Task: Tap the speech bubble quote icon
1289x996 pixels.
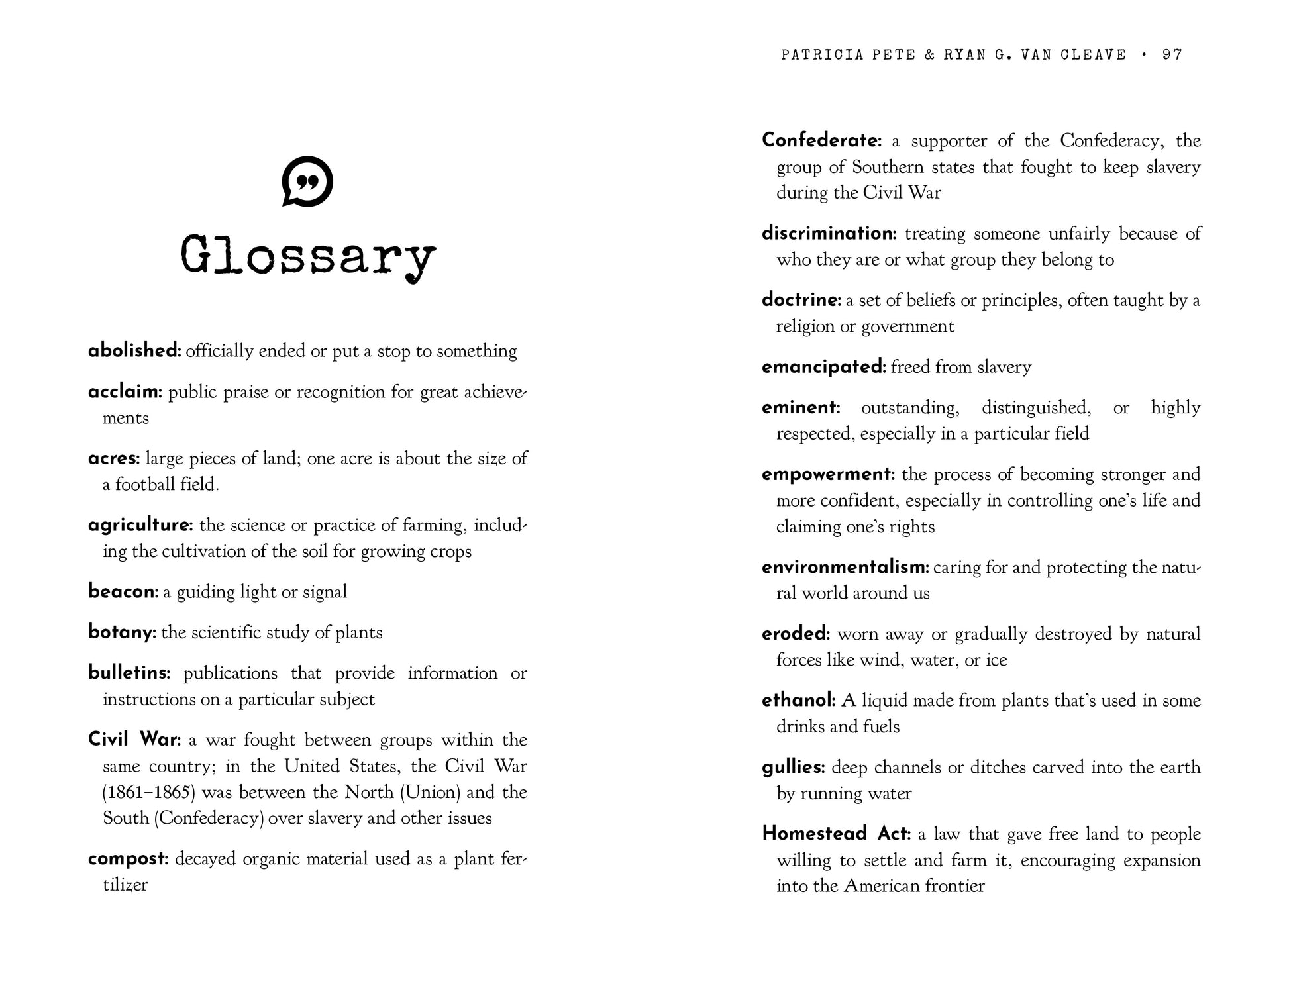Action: (307, 181)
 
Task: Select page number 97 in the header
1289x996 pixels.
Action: (1172, 54)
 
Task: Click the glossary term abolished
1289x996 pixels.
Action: (134, 351)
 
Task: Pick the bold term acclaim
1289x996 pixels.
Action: (125, 392)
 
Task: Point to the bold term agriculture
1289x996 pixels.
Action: (140, 525)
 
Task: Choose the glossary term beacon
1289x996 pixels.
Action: (123, 592)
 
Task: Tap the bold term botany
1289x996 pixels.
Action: (122, 632)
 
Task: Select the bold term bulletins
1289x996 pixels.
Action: (129, 673)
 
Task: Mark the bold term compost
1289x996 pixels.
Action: (129, 859)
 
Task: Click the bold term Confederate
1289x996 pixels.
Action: (821, 141)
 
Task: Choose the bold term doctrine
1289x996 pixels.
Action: (801, 301)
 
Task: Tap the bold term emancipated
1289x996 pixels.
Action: (823, 367)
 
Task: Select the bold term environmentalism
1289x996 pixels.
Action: (846, 568)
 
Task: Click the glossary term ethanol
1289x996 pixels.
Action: (798, 701)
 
